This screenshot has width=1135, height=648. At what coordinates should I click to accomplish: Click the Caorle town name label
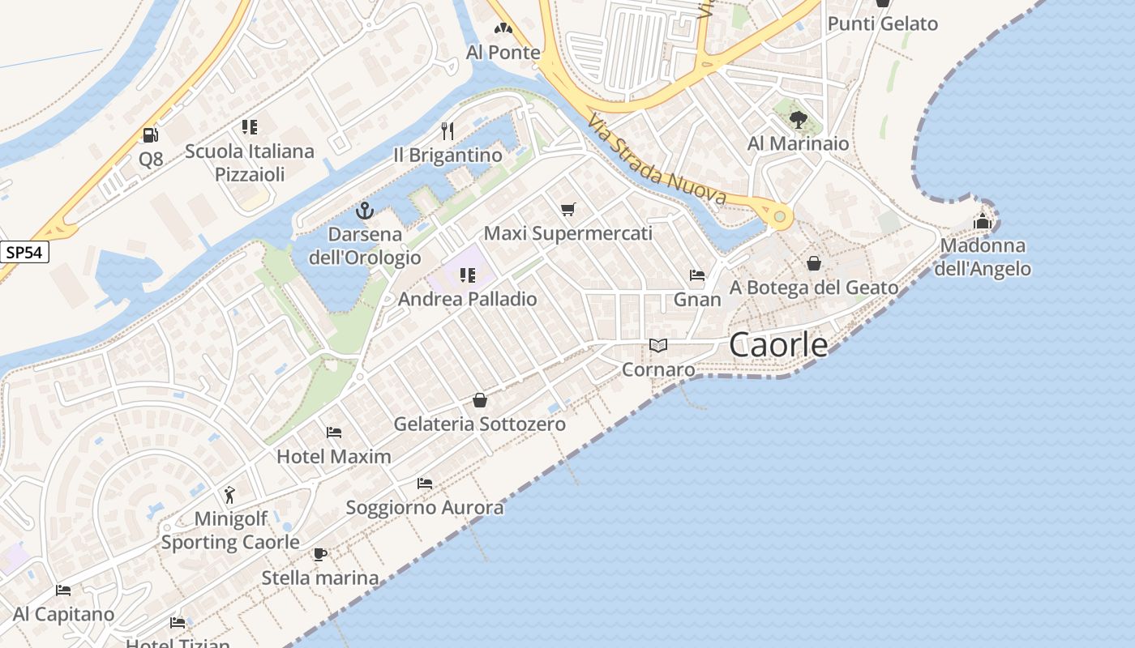pos(778,344)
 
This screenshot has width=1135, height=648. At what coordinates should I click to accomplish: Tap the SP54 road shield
pos(24,253)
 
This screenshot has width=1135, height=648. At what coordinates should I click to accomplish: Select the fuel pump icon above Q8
pos(150,134)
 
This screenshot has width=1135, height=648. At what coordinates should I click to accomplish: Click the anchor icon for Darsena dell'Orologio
pos(365,211)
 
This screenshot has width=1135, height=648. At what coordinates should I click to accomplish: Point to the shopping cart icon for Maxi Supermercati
pos(568,210)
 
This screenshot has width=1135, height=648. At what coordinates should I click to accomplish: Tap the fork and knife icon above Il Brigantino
pos(447,130)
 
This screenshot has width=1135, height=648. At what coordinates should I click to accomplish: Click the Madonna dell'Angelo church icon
pos(983,220)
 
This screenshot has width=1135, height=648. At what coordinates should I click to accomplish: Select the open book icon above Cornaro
pos(658,346)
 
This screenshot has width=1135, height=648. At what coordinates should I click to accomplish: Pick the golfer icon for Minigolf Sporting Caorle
pos(230,495)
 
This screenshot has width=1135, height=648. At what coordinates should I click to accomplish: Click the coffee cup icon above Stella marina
pos(320,555)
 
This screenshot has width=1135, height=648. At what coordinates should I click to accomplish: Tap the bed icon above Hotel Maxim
pos(334,433)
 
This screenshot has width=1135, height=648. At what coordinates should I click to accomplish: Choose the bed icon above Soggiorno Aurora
pos(425,484)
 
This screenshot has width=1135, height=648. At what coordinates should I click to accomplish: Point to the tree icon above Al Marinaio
pos(799,120)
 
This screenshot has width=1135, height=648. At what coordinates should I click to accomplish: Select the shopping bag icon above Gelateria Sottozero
pos(480,400)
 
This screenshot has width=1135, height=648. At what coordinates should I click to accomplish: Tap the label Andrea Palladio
pos(467,299)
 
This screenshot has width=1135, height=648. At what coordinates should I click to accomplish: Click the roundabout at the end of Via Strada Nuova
pos(779,216)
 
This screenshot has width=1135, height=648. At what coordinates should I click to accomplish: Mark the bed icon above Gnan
pos(697,275)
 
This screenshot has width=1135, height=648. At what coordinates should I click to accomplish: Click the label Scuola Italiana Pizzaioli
pos(250,163)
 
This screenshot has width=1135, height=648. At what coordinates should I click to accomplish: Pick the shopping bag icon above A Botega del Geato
pos(814,263)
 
